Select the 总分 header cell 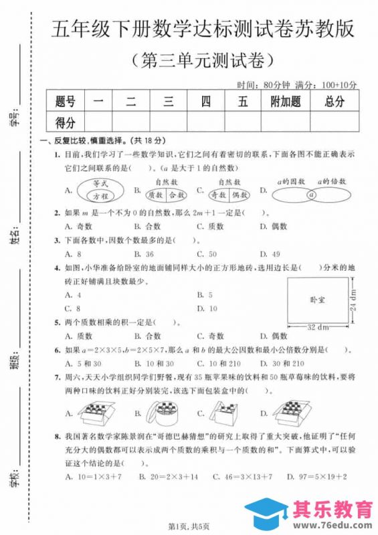334,102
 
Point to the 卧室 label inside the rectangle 317,300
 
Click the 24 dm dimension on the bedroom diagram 353,300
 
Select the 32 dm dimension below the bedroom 316,327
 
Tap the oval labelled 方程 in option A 101,197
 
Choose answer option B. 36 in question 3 144,254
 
